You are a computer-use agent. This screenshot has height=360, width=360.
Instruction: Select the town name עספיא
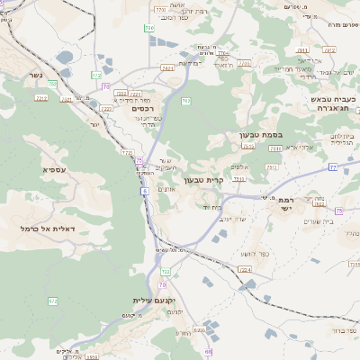point(53,168)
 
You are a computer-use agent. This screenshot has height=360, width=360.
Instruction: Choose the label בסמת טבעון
point(260,135)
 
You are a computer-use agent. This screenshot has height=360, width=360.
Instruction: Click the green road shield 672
point(53,301)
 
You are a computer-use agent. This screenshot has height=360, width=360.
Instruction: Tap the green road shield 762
point(185,101)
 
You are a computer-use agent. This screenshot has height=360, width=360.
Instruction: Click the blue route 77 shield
point(332,166)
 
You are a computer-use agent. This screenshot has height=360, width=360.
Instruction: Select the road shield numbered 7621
point(167,67)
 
